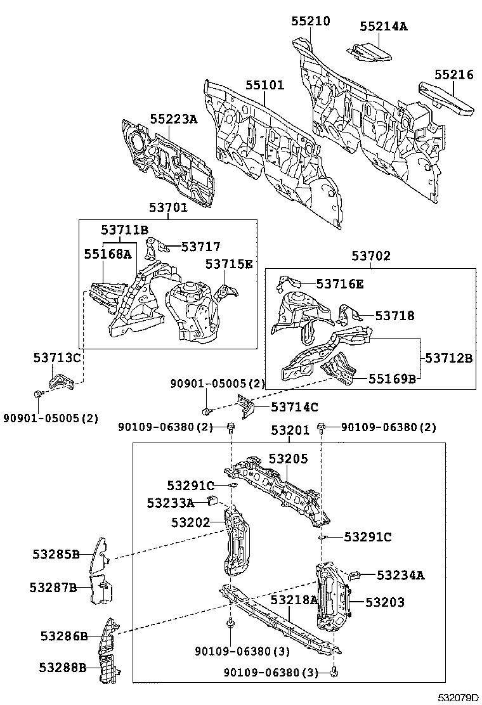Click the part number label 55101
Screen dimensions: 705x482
(x=264, y=86)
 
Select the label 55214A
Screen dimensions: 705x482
(x=383, y=27)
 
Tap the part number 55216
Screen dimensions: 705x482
(x=453, y=75)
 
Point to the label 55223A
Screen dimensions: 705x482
(x=173, y=119)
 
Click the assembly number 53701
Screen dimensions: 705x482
(x=168, y=207)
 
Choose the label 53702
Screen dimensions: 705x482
(x=371, y=256)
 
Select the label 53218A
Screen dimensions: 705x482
(x=294, y=600)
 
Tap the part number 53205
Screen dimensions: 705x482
(x=288, y=458)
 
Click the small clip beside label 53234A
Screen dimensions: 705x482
(x=356, y=574)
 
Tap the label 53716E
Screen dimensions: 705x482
(x=340, y=284)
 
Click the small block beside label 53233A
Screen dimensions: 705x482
(x=213, y=502)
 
